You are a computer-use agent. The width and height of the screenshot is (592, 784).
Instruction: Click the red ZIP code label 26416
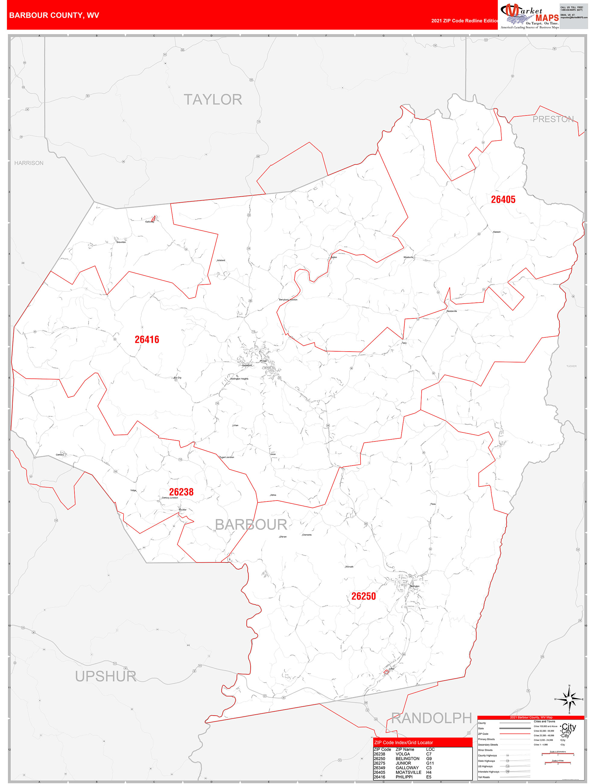pos(147,340)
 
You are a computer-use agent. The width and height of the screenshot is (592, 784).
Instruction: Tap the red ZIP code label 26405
pos(503,200)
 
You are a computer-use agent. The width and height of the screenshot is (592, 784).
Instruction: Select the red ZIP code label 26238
pos(181,492)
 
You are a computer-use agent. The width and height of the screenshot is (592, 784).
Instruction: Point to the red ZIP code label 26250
pos(363,596)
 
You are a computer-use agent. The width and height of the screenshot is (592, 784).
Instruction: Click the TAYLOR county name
pos(213,100)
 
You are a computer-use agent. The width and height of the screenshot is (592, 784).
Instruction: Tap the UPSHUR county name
pos(106,677)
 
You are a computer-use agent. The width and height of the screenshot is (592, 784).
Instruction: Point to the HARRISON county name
pos(29,163)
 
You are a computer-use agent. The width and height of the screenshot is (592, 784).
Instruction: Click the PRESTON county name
pos(553,119)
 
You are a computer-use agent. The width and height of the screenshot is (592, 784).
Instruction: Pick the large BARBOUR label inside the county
pos(251,525)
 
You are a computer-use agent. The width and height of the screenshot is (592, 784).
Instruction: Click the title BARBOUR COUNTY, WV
pos(54,15)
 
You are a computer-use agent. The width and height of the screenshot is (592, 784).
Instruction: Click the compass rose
pos(569,699)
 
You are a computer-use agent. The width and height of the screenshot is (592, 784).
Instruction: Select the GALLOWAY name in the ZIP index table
pos(407,768)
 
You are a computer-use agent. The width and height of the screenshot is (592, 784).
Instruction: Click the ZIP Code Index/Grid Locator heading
pos(404,742)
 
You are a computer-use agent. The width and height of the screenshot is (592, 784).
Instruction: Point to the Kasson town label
pos(497,232)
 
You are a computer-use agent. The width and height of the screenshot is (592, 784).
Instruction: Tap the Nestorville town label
pos(452,311)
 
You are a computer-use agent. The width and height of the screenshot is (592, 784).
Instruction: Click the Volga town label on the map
pos(133,491)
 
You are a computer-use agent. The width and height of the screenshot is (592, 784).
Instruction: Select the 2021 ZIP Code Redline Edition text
pos(465,21)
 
